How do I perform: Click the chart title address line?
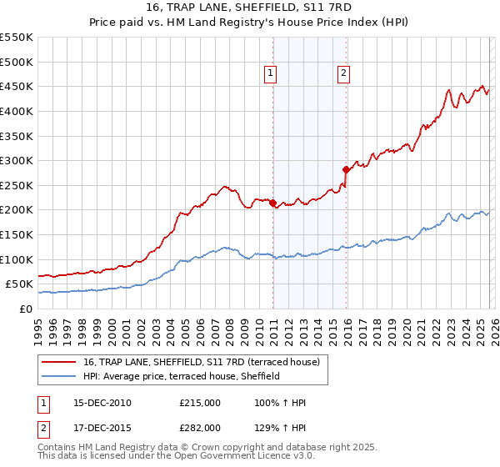[249, 8]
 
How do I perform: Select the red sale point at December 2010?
[272, 203]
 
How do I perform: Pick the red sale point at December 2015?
[345, 169]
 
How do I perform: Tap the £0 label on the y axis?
[25, 309]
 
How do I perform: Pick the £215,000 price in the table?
[200, 403]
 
